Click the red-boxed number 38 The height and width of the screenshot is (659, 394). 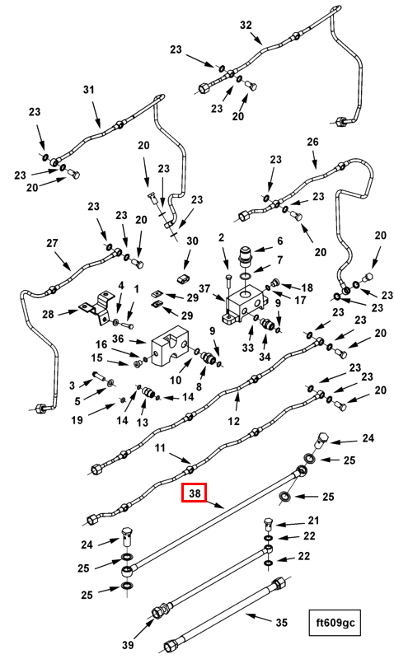[x=194, y=493]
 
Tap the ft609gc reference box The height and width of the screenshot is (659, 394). [x=335, y=623]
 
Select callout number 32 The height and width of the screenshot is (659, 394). [x=246, y=26]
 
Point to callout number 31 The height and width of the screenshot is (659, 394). [x=89, y=90]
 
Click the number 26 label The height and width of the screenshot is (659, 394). [x=313, y=142]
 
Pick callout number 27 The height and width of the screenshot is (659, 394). [x=52, y=243]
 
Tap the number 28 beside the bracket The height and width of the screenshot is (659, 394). [x=49, y=314]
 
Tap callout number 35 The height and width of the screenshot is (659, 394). [x=281, y=622]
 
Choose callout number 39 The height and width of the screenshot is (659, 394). [x=128, y=644]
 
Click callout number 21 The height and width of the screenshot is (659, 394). [x=313, y=521]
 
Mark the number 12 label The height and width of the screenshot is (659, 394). [x=233, y=421]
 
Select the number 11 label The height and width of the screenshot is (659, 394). [x=160, y=448]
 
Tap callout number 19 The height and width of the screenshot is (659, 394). [x=77, y=419]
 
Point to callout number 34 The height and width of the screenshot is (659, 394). [x=265, y=358]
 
